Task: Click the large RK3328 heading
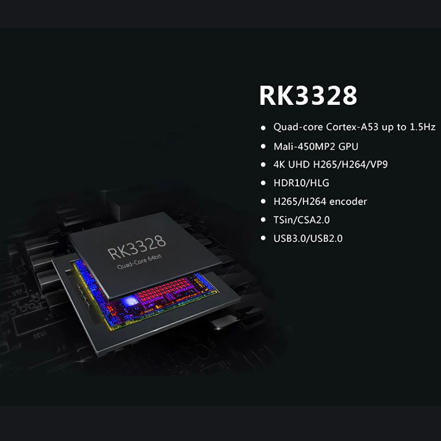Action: tap(308, 96)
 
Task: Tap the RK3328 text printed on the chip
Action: tap(137, 247)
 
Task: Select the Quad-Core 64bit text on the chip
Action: tap(140, 262)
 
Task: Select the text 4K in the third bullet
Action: tap(279, 164)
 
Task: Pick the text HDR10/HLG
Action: tap(301, 183)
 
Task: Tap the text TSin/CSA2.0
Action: tap(301, 220)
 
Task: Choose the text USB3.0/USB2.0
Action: tap(308, 238)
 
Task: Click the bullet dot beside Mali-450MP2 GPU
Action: tap(263, 146)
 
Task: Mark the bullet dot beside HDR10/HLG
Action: tap(263, 183)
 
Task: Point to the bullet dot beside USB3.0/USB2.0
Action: tap(263, 238)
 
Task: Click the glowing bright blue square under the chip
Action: tap(130, 301)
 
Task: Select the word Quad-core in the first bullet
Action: tap(298, 127)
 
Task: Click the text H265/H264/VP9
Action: tap(350, 164)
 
